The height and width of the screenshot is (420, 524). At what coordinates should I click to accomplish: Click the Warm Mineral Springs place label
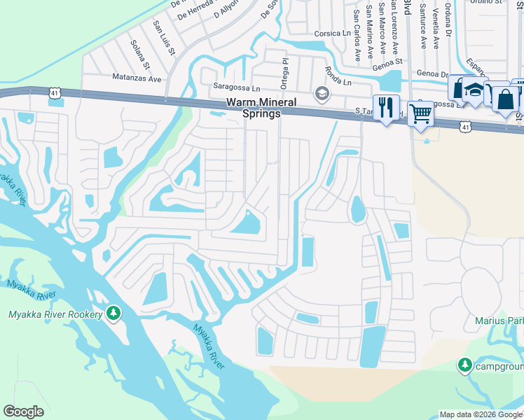(253, 108)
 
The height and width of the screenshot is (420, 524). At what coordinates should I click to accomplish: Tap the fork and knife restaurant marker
(385, 107)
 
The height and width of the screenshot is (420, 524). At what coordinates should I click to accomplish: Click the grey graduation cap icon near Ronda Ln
(322, 93)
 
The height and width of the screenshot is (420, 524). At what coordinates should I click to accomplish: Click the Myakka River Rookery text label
(55, 314)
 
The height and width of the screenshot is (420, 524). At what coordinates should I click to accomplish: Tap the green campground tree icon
(464, 365)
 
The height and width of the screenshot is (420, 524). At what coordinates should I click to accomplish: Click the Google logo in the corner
(24, 412)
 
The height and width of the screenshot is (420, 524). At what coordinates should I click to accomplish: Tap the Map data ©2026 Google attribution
(480, 414)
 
